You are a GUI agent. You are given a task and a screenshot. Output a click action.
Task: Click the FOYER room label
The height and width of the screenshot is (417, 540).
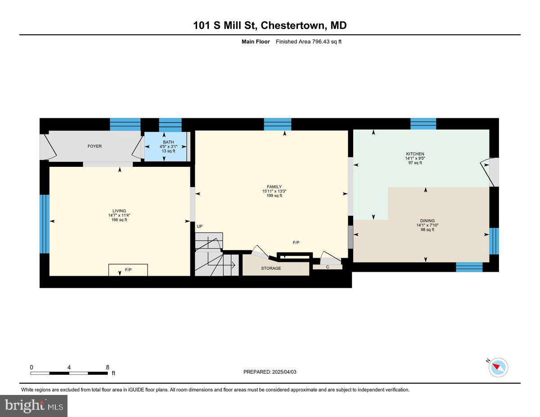pos(94,146)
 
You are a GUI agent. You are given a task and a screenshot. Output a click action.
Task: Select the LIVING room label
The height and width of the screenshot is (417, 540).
pos(119,211)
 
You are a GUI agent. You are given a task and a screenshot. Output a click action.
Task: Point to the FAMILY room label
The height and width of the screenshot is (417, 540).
pos(274,187)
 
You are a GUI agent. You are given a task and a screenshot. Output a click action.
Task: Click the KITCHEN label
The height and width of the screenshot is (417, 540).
pos(414,154)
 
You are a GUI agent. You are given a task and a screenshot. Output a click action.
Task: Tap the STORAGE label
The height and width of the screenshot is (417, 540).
pos(271,269)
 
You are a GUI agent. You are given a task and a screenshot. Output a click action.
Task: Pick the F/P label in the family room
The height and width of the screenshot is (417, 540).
pos(296,242)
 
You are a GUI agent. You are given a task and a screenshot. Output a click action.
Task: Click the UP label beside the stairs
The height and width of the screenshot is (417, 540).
pos(199,226)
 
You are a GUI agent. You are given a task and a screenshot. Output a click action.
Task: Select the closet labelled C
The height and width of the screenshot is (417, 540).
pos(328,267)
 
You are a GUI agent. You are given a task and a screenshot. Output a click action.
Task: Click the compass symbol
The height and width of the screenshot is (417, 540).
pos(498,367)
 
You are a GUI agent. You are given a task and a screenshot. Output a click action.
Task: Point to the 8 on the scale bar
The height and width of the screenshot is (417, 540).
pos(108,367)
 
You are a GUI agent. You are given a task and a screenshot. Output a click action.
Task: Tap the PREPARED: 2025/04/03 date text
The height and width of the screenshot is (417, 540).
pos(270,372)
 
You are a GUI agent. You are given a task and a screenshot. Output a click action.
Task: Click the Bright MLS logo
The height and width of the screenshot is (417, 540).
pos(34,406)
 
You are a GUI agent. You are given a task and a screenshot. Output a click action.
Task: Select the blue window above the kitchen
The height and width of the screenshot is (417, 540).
pos(423,123)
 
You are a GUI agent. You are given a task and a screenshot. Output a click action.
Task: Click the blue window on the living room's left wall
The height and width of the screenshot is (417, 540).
pos(44,224)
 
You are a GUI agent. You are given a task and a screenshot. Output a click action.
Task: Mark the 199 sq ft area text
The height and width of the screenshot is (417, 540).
pos(274,196)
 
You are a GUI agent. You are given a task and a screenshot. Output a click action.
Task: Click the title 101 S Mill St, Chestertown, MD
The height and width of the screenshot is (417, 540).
pos(270,26)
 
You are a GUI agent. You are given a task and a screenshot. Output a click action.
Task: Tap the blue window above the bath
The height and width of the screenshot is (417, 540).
pos(170,124)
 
